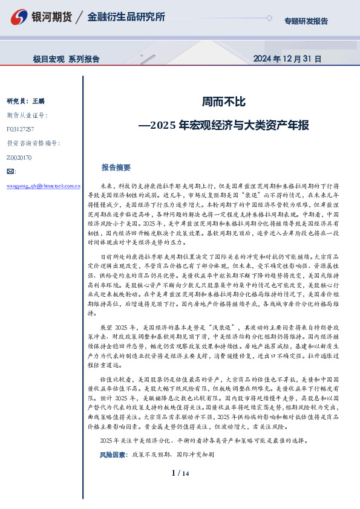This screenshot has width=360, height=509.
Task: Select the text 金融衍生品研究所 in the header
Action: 126,17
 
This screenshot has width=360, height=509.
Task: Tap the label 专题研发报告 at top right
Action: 306,21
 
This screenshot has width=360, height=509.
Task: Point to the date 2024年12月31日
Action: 286,59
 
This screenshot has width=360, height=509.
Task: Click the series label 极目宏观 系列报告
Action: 67,59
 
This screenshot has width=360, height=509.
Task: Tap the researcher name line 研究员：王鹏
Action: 26,101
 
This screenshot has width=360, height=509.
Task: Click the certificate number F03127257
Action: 21,129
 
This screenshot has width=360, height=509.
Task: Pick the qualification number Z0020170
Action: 19,157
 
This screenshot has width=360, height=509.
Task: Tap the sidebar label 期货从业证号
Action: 27,115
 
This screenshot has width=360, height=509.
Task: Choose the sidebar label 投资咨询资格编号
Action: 33,143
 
